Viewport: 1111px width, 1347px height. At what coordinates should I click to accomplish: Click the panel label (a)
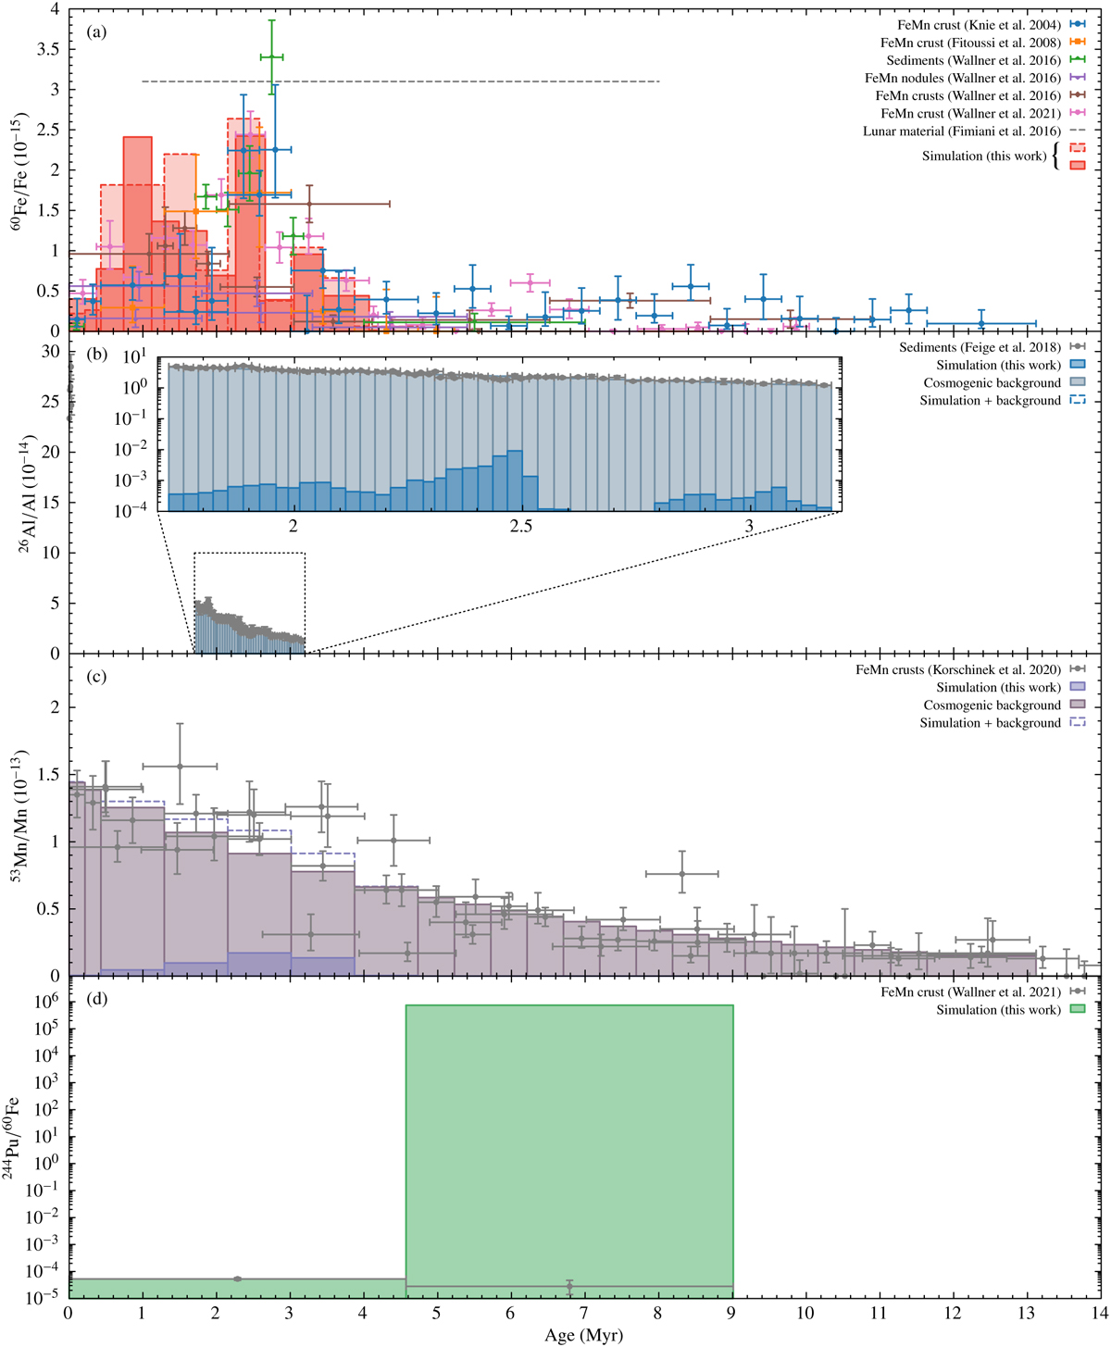pyautogui.click(x=97, y=31)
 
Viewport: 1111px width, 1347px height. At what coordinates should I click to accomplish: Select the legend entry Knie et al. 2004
pyautogui.click(x=971, y=25)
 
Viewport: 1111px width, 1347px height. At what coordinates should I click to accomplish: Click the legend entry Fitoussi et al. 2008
pyautogui.click(x=971, y=43)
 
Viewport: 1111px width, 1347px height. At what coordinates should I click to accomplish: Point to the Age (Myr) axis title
pyautogui.click(x=583, y=1336)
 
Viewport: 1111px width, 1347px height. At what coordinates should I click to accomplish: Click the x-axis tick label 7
pyautogui.click(x=583, y=1314)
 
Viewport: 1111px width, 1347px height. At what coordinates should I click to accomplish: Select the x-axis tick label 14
pyautogui.click(x=1099, y=1314)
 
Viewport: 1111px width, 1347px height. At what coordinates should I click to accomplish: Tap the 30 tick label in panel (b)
pyautogui.click(x=50, y=352)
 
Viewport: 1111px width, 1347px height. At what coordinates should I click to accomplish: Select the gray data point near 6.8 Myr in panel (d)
pyautogui.click(x=569, y=1286)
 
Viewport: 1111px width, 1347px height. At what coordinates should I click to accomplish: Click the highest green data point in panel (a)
pyautogui.click(x=271, y=56)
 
